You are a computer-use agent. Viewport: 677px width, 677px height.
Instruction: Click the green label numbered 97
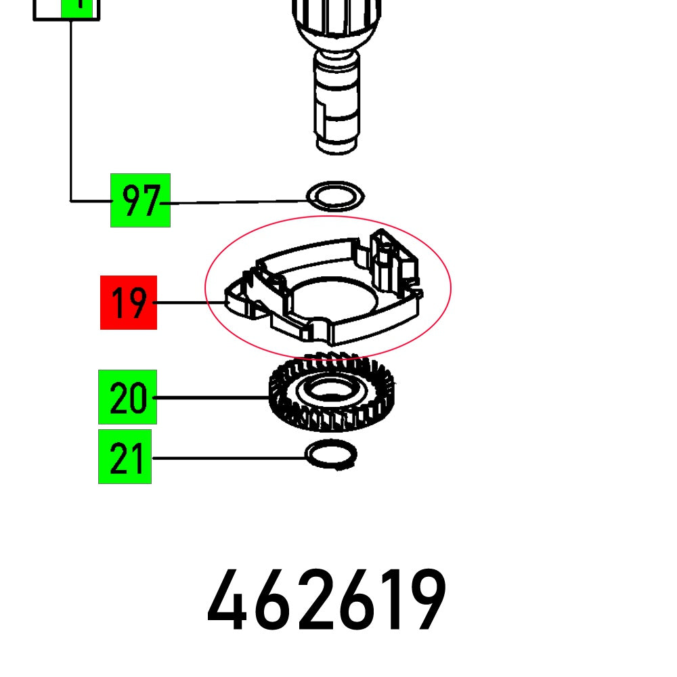click(x=140, y=200)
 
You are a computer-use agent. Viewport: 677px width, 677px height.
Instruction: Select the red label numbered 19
click(x=129, y=303)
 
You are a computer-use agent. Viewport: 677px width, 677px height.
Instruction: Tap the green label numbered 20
click(x=127, y=397)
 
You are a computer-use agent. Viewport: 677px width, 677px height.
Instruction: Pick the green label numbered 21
click(x=125, y=456)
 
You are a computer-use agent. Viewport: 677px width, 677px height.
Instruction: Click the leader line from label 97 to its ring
click(x=237, y=202)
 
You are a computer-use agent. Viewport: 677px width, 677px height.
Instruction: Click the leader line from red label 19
click(x=183, y=303)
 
